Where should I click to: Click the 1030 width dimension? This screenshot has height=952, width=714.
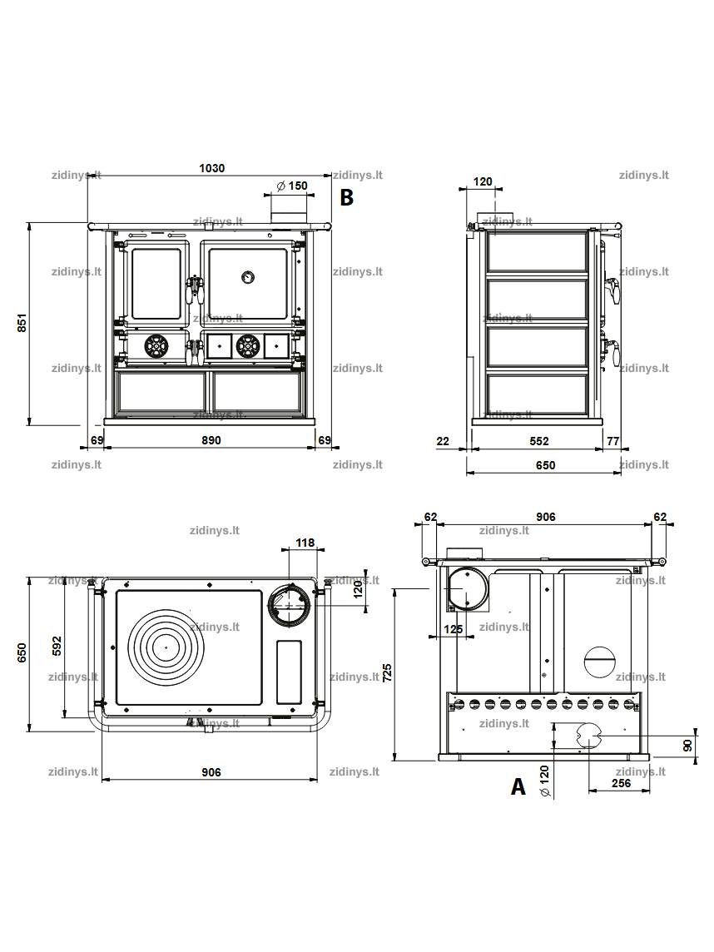(x=212, y=168)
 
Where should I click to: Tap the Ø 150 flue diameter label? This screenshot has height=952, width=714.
(x=292, y=186)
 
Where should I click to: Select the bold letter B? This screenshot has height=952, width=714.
(x=347, y=197)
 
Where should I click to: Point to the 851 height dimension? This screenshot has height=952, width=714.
(x=22, y=322)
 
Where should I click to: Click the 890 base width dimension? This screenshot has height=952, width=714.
(x=211, y=440)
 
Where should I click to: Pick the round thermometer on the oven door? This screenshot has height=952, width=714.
(x=248, y=277)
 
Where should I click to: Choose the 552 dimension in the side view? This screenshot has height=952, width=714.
(x=539, y=441)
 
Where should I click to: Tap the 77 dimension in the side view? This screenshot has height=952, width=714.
(x=613, y=441)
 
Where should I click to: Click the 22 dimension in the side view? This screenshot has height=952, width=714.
(x=444, y=441)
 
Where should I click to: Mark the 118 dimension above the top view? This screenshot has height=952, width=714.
(x=305, y=543)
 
